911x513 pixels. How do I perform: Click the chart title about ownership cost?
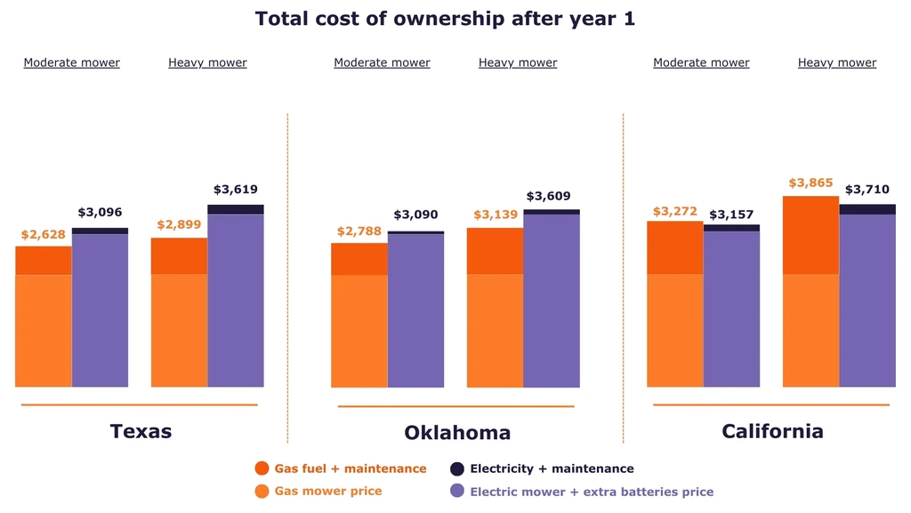445,18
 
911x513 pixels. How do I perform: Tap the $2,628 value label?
44,233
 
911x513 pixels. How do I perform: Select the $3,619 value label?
235,190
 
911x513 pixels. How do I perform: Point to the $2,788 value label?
359,232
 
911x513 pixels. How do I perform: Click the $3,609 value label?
548,196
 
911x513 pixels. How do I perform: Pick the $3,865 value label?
810,183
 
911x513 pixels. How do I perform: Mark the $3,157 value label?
731,215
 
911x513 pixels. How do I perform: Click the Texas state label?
141,431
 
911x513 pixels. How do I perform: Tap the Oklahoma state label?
457,433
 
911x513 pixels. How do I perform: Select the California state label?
772,431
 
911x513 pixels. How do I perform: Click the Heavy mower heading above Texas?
207,62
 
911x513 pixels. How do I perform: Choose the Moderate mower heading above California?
701,62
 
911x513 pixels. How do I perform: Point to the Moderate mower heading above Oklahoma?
382,62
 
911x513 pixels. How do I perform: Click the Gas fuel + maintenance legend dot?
262,468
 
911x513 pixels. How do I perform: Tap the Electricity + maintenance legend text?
552,468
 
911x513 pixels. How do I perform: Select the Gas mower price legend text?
327,491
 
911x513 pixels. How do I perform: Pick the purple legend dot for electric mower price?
457,491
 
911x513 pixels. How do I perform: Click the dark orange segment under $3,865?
810,235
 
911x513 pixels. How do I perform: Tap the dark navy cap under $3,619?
235,209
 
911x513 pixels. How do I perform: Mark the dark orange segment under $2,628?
44,260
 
